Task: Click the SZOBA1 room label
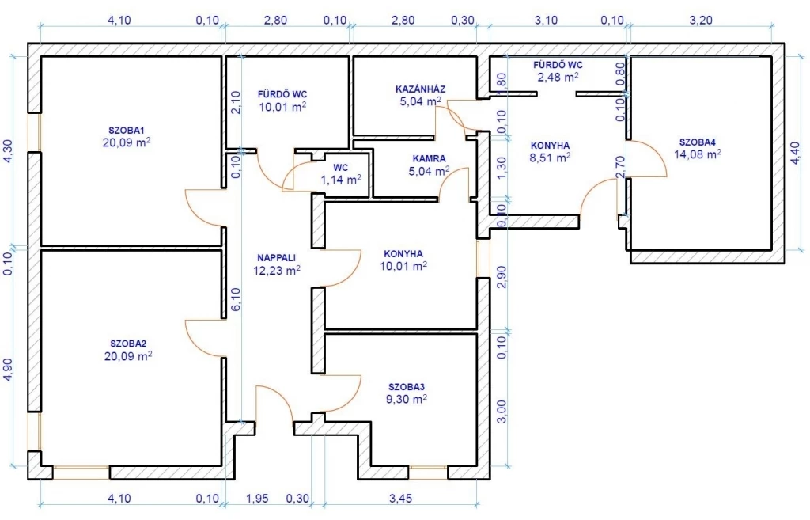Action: point(127,130)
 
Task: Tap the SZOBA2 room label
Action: point(128,344)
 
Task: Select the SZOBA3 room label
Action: point(407,387)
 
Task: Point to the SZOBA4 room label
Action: point(698,142)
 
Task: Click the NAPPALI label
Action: point(276,257)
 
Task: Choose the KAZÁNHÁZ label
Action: point(421,89)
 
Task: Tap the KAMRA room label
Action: point(430,158)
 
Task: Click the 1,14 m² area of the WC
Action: point(341,180)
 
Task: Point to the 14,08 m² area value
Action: point(698,154)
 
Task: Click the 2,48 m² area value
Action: point(558,77)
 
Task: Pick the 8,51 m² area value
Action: point(551,158)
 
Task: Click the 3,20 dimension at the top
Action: point(701,20)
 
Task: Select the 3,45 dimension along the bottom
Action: point(400,499)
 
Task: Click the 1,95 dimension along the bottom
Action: point(257,499)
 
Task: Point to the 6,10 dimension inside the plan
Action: point(236,299)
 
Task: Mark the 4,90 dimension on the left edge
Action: point(8,370)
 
